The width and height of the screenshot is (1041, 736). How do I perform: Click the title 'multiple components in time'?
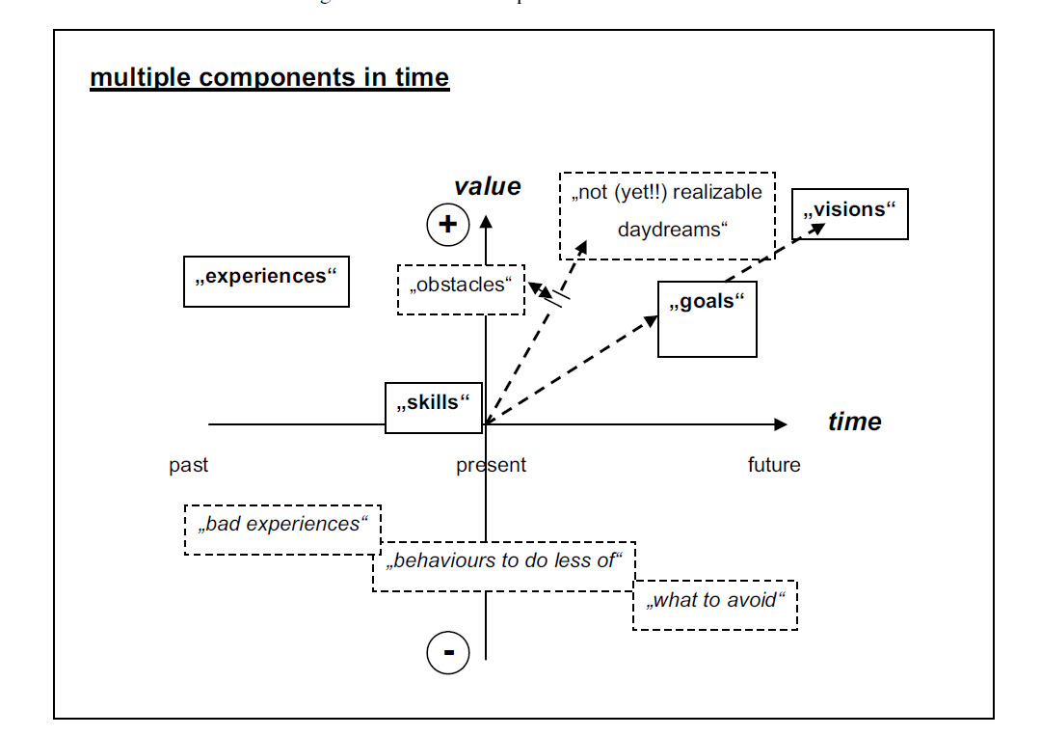click(269, 77)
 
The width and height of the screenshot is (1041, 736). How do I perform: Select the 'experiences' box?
click(266, 281)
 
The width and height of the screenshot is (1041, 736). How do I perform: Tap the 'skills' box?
click(433, 407)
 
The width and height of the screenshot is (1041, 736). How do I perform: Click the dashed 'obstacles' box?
click(461, 288)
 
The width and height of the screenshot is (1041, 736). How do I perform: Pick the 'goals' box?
click(707, 319)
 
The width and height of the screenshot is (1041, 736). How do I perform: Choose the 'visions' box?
click(849, 213)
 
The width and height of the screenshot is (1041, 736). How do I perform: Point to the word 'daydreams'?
click(669, 231)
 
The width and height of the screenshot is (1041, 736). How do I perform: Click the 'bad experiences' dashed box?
click(282, 530)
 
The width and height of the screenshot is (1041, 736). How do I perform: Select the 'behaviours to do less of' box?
click(504, 566)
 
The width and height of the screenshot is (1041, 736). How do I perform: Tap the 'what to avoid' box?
click(714, 605)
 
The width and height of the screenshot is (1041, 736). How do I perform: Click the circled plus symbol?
click(447, 225)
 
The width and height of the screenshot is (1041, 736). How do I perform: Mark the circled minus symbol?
click(448, 653)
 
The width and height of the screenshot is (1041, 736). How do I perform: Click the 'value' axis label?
click(488, 186)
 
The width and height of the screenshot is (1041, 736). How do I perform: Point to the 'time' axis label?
click(854, 422)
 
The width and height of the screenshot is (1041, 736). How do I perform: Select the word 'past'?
click(189, 465)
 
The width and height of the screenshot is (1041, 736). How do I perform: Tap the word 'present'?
click(492, 465)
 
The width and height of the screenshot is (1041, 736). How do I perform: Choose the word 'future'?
click(774, 465)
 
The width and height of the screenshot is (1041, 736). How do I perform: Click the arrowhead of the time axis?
click(780, 424)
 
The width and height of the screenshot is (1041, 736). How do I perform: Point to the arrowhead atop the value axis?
click(486, 221)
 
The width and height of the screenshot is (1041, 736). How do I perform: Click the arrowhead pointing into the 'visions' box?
click(817, 228)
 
